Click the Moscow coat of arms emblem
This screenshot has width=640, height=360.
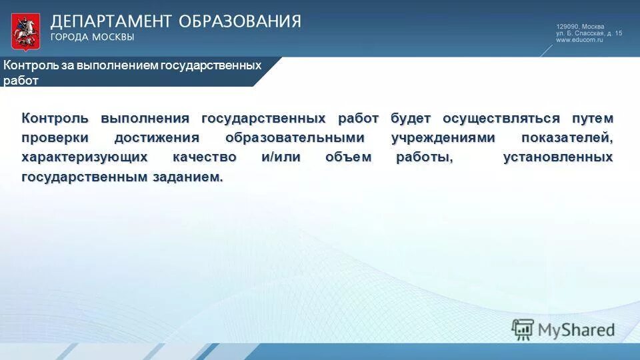click(25, 31)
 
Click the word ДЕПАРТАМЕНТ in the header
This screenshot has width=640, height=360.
click(109, 21)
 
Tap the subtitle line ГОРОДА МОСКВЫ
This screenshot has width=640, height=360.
click(93, 37)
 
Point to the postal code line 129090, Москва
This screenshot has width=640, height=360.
click(580, 26)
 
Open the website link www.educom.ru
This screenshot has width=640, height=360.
click(579, 40)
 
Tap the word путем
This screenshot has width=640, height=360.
click(592, 119)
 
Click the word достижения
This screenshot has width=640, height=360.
click(156, 138)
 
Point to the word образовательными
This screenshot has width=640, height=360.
click(295, 138)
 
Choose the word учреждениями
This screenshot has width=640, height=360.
click(443, 138)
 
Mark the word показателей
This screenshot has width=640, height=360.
click(567, 138)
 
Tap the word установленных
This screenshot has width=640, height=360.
click(558, 158)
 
